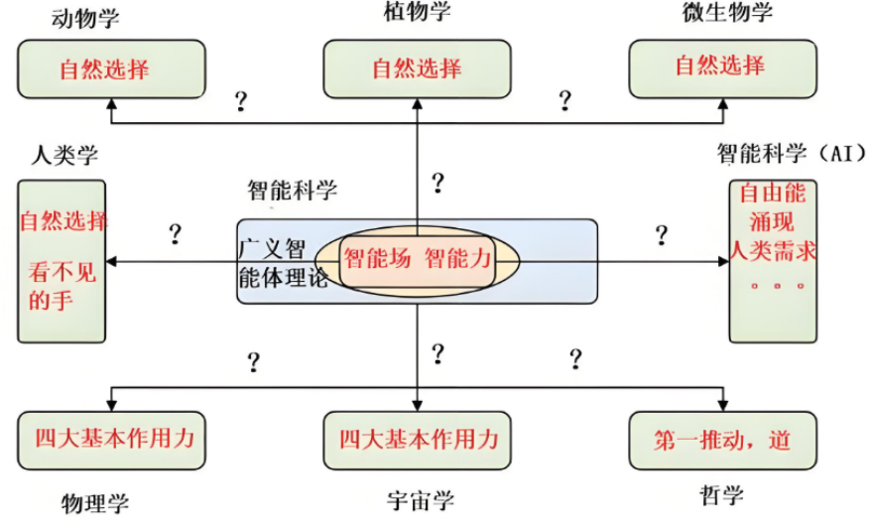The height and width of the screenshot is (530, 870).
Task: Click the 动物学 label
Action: click(x=85, y=18)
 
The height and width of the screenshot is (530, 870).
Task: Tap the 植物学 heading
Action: click(x=418, y=11)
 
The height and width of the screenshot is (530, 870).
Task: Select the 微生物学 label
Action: click(x=727, y=12)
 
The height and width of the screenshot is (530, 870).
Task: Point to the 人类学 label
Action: click(x=64, y=155)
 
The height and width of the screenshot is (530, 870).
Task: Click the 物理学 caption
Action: click(x=95, y=503)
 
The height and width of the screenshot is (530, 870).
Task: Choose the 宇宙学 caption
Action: click(x=421, y=500)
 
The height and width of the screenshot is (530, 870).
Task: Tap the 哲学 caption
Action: click(x=721, y=495)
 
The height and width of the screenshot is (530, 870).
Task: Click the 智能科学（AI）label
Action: click(x=792, y=153)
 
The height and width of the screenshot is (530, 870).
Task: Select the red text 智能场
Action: click(x=377, y=259)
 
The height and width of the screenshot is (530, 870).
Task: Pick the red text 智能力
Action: click(x=458, y=259)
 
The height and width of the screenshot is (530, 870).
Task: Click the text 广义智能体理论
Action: click(x=283, y=263)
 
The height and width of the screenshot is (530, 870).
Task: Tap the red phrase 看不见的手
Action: click(x=62, y=287)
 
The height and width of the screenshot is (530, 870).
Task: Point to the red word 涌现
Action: click(x=772, y=222)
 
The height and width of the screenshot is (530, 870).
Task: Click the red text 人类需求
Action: click(x=773, y=251)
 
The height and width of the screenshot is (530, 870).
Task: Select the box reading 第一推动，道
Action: click(x=723, y=441)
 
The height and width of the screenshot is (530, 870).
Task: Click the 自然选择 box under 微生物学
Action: click(x=723, y=68)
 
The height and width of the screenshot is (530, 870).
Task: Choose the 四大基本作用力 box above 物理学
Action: click(x=111, y=441)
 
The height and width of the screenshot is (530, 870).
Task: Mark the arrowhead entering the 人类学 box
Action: click(x=111, y=261)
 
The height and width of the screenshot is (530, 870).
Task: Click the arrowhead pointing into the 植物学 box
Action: click(x=418, y=104)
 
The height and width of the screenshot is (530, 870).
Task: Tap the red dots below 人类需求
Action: click(x=777, y=287)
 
